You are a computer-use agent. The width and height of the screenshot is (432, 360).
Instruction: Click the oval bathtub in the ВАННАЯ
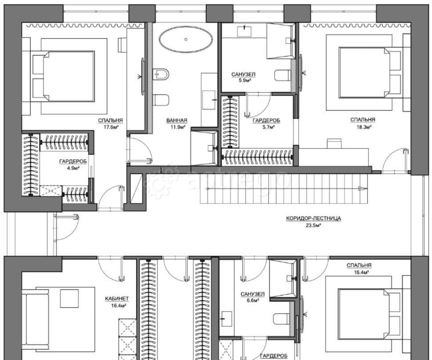pyautogui.click(x=186, y=40)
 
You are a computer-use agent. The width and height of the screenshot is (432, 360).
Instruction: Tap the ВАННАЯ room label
pyautogui.click(x=177, y=120)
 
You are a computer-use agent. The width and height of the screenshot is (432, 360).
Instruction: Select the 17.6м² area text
pyautogui.click(x=111, y=127)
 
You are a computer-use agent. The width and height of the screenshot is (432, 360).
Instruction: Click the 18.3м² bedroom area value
pyautogui.click(x=363, y=127)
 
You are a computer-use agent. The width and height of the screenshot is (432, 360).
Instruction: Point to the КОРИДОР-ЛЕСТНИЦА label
pyautogui.click(x=314, y=218)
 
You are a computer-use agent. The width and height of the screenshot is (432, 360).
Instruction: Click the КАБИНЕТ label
pyautogui.click(x=117, y=299)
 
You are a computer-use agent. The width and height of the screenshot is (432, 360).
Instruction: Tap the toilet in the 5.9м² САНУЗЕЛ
pyautogui.click(x=283, y=75)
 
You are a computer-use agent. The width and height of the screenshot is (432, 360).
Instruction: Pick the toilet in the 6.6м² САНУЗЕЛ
pyautogui.click(x=281, y=319)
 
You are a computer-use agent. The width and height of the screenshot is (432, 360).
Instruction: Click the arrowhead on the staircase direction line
pyautogui.click(x=363, y=188)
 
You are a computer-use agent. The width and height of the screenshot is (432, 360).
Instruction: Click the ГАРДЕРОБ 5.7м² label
pyautogui.click(x=266, y=124)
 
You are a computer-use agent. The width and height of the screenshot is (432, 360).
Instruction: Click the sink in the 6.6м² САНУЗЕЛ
pyautogui.click(x=226, y=319)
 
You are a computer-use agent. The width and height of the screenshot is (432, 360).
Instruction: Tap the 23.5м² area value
pyautogui.click(x=314, y=225)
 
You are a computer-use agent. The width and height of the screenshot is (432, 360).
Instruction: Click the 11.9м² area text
pyautogui.click(x=178, y=127)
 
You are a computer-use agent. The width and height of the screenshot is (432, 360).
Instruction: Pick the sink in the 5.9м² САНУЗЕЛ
pyautogui.click(x=244, y=31)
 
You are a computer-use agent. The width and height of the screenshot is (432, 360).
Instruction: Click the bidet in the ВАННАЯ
pyautogui.click(x=161, y=74)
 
